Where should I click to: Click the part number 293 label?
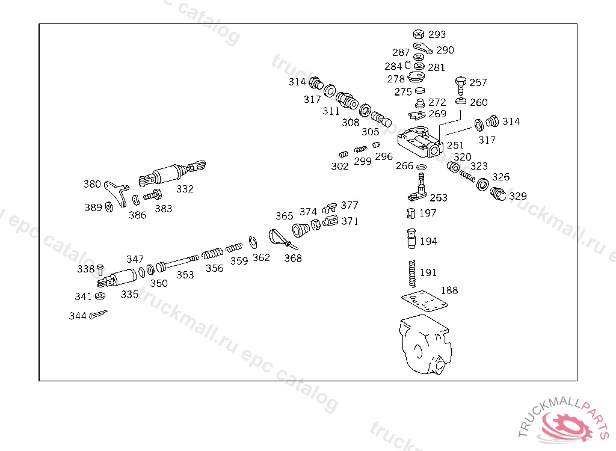437,35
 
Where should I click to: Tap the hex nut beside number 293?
419,34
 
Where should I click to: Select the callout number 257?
478,82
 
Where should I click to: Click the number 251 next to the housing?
455,145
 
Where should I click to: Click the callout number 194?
428,241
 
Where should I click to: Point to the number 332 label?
185,189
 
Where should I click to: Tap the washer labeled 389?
109,207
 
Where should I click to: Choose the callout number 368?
293,258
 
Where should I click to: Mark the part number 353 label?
185,275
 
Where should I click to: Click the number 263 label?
439,197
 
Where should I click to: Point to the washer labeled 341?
100,296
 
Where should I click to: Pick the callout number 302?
340,167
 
